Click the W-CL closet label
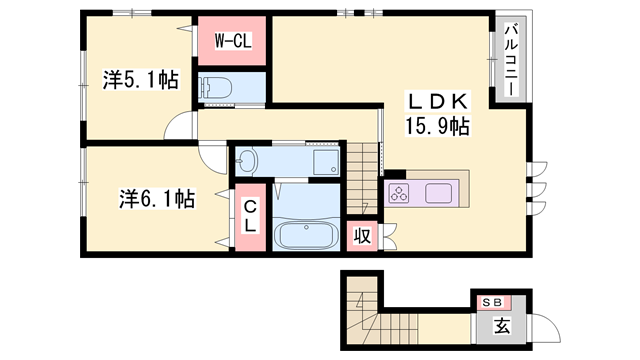[x=233, y=42]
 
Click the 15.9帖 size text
[x=437, y=126]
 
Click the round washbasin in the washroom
[x=247, y=161]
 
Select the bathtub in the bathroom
[x=304, y=236]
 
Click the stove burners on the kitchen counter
[x=398, y=192]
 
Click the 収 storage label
[x=362, y=237]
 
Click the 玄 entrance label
[x=502, y=325]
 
